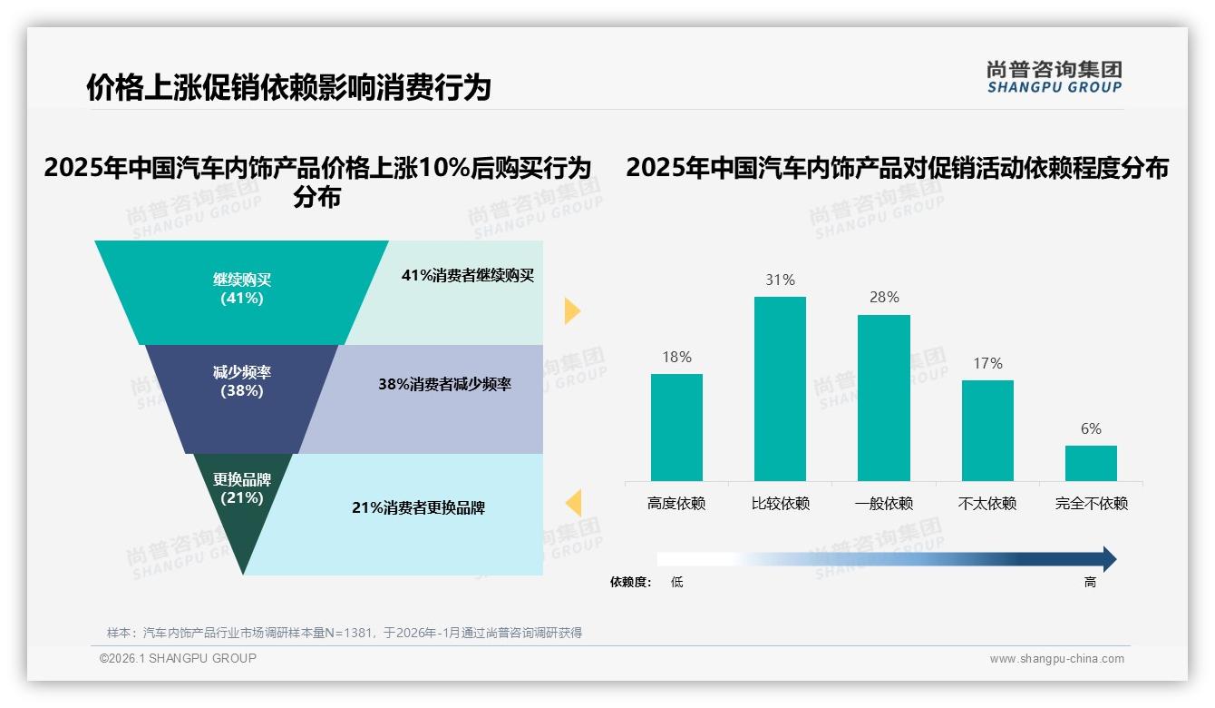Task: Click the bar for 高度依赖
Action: [676, 427]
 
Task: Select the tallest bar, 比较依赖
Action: [780, 388]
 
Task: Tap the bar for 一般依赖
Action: [884, 398]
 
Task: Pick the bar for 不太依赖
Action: [987, 430]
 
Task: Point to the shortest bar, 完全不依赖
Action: [1091, 463]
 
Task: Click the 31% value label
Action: [780, 280]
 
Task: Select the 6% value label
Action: [1091, 428]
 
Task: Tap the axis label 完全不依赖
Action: [1091, 503]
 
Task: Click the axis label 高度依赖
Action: [676, 503]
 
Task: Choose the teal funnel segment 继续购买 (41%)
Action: [241, 290]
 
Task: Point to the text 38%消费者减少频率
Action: [444, 384]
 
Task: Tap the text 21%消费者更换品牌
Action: [418, 507]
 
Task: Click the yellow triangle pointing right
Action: [571, 310]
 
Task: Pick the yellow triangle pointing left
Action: [573, 502]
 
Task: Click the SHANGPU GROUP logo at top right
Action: [1054, 77]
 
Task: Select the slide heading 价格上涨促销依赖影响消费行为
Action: [288, 87]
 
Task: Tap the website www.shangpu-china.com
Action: [1056, 659]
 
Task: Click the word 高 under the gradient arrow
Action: [1090, 582]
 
